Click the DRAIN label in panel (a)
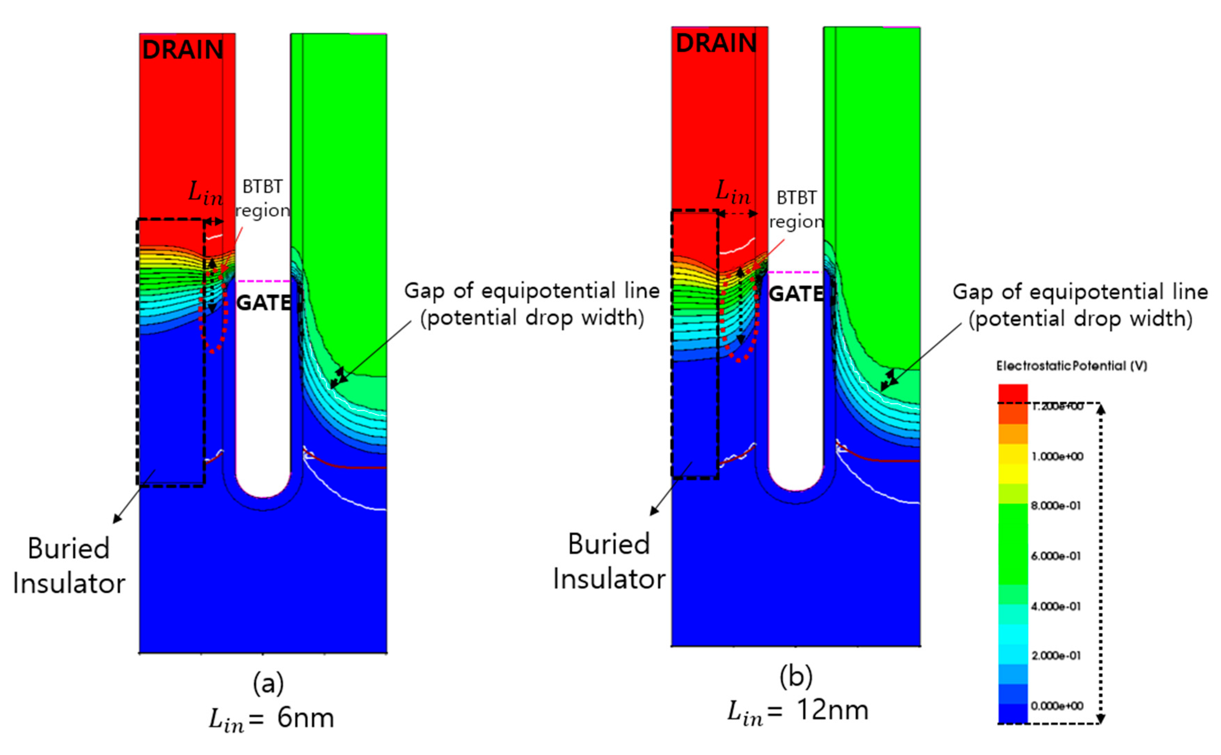pos(182,50)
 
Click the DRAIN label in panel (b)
pos(716,44)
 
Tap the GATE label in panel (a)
pos(263,303)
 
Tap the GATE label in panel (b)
pos(796,294)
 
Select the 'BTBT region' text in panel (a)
pos(263,199)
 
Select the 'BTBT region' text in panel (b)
pos(796,210)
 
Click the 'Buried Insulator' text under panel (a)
pos(69,566)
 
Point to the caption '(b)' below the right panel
pos(796,676)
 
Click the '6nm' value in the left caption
pos(305,718)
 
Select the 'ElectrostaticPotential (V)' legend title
pos(1072,366)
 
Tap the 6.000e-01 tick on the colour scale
pos(1056,556)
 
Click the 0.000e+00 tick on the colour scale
pos(1057,706)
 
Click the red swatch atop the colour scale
pos(1013,393)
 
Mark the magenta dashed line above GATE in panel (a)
pos(263,281)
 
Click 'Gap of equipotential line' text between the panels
pos(532,291)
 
